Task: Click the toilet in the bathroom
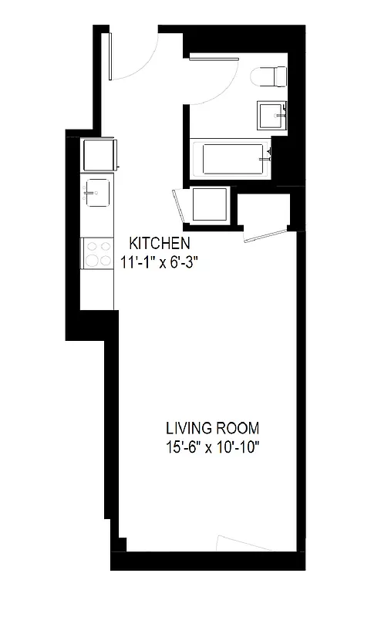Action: pyautogui.click(x=268, y=76)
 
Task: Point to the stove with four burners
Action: pyautogui.click(x=98, y=252)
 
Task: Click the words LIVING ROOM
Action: pyautogui.click(x=212, y=428)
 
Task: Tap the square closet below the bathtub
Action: pyautogui.click(x=210, y=204)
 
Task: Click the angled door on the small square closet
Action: pyautogui.click(x=180, y=209)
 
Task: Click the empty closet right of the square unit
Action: pyautogui.click(x=264, y=211)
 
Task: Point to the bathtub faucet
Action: pyautogui.click(x=269, y=154)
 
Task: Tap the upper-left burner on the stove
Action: pyautogui.click(x=93, y=246)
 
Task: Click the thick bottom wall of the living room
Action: pyautogui.click(x=208, y=561)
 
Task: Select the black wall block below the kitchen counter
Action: pyautogui.click(x=91, y=324)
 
